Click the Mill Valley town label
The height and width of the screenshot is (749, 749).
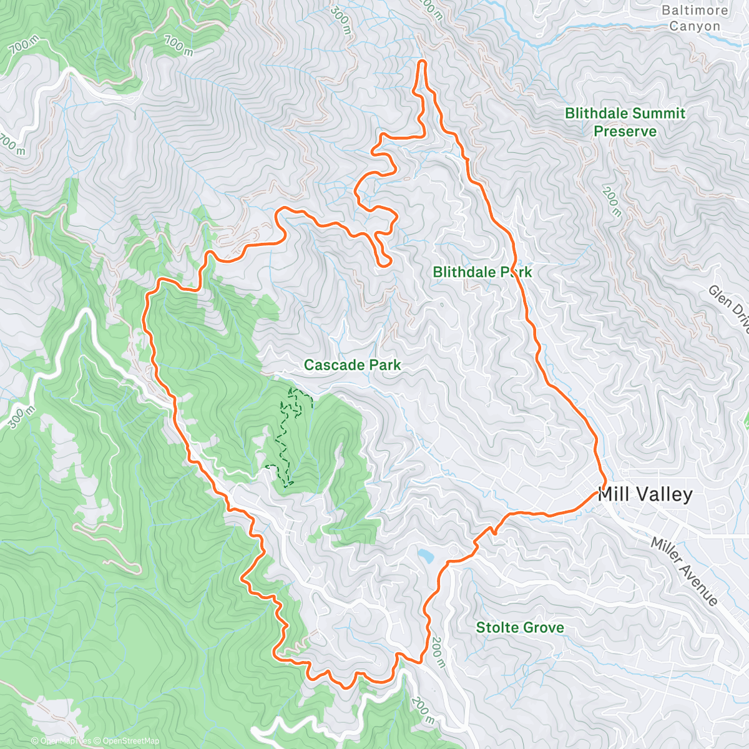coord(645,495)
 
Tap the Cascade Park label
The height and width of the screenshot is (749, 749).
coord(352,365)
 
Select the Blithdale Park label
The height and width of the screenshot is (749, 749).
coord(482,272)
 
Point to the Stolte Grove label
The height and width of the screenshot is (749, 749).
coord(520,628)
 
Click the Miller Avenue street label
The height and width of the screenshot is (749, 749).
coord(685,571)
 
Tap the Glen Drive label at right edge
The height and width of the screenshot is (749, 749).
coord(729,306)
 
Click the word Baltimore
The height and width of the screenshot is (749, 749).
coord(695,11)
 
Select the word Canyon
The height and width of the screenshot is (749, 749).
coord(695,27)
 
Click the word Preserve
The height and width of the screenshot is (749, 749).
coord(625,132)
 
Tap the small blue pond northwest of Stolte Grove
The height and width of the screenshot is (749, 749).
coord(426,555)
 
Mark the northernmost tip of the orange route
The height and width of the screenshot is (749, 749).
coord(422,61)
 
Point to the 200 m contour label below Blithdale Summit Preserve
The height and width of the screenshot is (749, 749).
coord(612,201)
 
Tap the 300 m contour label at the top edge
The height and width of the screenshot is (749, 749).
coord(341,17)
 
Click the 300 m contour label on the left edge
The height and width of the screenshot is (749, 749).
coord(21,417)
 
